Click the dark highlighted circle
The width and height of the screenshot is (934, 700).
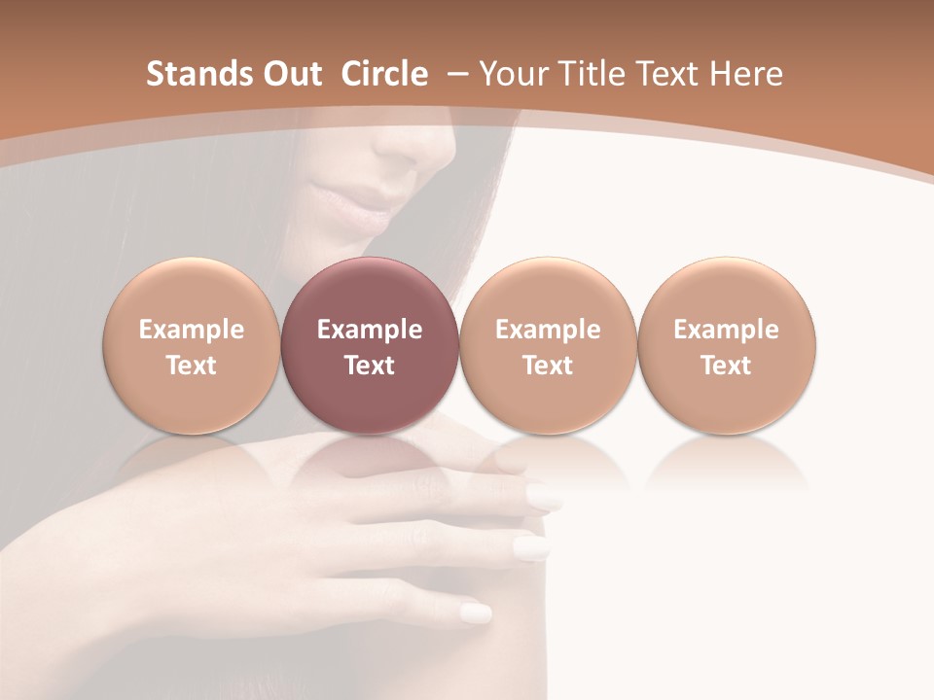[x=370, y=345]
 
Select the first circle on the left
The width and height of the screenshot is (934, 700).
[x=191, y=345]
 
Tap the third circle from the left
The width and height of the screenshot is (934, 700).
[x=548, y=345]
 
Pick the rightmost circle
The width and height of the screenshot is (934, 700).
[x=727, y=345]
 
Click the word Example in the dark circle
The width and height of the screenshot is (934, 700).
[x=370, y=330]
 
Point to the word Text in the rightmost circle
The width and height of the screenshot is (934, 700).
[x=727, y=366]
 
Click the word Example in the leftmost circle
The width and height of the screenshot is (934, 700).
[x=191, y=330]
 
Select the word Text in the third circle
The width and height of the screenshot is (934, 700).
[x=548, y=366]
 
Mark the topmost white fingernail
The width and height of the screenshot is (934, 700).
[x=544, y=497]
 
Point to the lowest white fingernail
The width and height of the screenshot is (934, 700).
[x=476, y=612]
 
